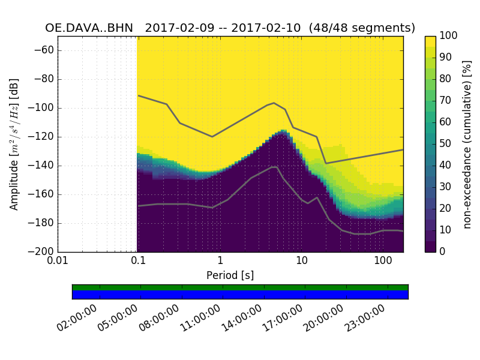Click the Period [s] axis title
(230, 275)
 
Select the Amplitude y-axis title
(14, 144)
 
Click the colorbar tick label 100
(449, 36)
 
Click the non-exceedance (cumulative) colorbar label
(468, 144)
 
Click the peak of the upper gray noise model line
(274, 103)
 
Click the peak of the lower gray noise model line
(275, 167)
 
